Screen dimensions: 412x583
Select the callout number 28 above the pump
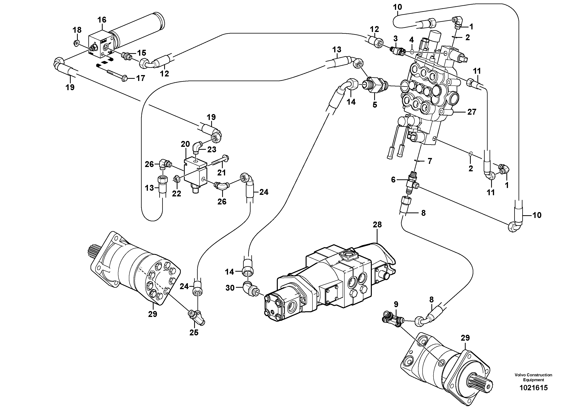click(377, 225)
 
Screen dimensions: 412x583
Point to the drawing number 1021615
click(533, 395)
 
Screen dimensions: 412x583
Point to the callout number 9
click(396, 304)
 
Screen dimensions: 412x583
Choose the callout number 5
click(375, 105)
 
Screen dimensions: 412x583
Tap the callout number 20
click(185, 144)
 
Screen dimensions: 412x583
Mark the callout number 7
click(430, 161)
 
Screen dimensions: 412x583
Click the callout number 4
click(412, 40)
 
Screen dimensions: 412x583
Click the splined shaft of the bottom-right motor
click(483, 386)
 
